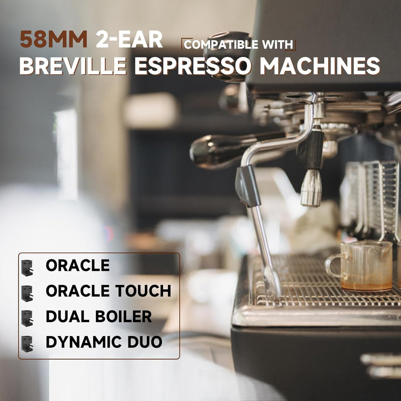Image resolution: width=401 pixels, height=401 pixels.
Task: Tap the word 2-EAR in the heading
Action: pos(129,40)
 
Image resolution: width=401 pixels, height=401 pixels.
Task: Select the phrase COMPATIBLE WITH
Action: pos(238,45)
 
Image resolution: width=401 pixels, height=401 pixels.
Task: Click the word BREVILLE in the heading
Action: pos(73,66)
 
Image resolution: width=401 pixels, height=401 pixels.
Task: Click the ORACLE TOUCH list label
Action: pos(108,291)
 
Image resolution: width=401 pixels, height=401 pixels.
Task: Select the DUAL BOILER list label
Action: pos(98,316)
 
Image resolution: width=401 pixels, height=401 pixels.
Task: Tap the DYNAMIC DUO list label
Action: pos(104,342)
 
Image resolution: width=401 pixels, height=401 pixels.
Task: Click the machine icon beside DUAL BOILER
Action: pos(27,318)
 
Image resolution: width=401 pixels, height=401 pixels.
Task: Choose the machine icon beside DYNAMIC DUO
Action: pos(27,344)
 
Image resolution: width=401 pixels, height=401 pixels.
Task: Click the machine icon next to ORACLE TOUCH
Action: pos(27,293)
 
